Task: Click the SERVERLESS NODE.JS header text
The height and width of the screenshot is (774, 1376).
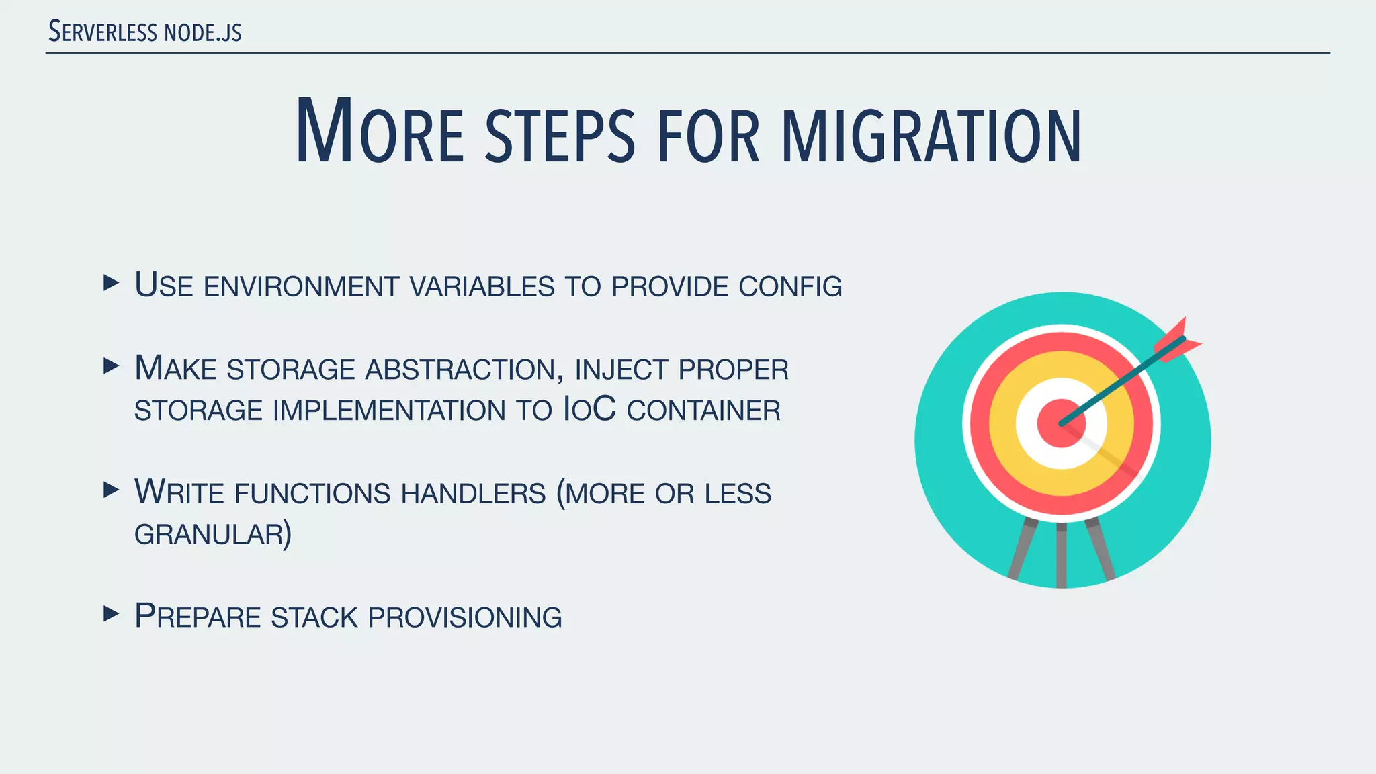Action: pyautogui.click(x=145, y=32)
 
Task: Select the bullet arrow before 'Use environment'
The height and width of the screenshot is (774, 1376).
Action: pyautogui.click(x=111, y=282)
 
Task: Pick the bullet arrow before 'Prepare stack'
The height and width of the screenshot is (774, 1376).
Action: pyautogui.click(x=111, y=613)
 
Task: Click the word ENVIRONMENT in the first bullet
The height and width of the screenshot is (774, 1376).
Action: pyautogui.click(x=302, y=287)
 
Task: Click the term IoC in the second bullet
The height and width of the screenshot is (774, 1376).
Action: pyautogui.click(x=589, y=410)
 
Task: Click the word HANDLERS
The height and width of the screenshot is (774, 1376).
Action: pyautogui.click(x=474, y=494)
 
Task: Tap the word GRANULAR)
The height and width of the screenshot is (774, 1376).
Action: pyautogui.click(x=213, y=535)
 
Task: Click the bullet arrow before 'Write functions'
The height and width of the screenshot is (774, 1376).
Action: pyautogui.click(x=111, y=489)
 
